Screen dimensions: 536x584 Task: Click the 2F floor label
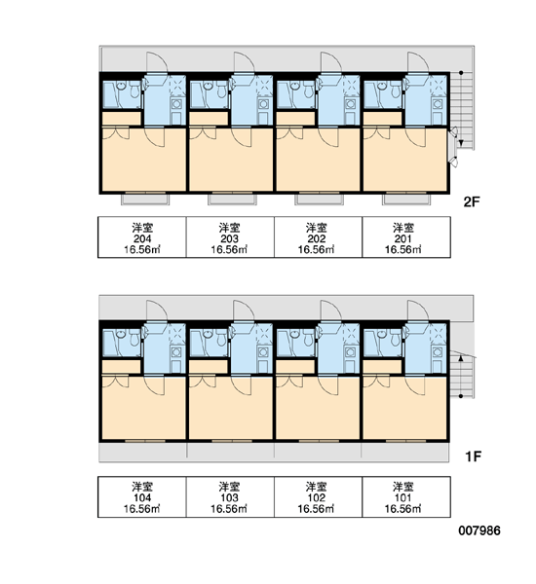click(471, 201)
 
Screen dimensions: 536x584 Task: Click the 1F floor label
click(473, 456)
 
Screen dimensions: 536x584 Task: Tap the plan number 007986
click(479, 530)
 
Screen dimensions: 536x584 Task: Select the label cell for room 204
click(142, 237)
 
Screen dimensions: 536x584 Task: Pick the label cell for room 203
click(230, 237)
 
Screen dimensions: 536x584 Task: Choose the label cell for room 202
click(318, 237)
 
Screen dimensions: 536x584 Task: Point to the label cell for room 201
click(405, 237)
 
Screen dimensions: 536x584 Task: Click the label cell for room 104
click(142, 496)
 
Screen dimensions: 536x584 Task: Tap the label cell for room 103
click(230, 496)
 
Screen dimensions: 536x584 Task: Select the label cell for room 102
click(318, 496)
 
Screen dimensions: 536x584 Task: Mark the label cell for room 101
click(405, 496)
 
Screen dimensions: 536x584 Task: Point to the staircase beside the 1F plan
click(462, 375)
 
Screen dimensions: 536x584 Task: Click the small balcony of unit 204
click(145, 200)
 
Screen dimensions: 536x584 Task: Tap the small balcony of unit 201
click(406, 200)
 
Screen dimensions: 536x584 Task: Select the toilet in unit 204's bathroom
click(134, 90)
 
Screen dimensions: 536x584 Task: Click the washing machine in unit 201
click(438, 103)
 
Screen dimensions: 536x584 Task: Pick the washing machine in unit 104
click(176, 352)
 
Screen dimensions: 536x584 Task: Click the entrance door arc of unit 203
click(245, 62)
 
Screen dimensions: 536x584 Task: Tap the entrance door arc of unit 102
click(331, 310)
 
